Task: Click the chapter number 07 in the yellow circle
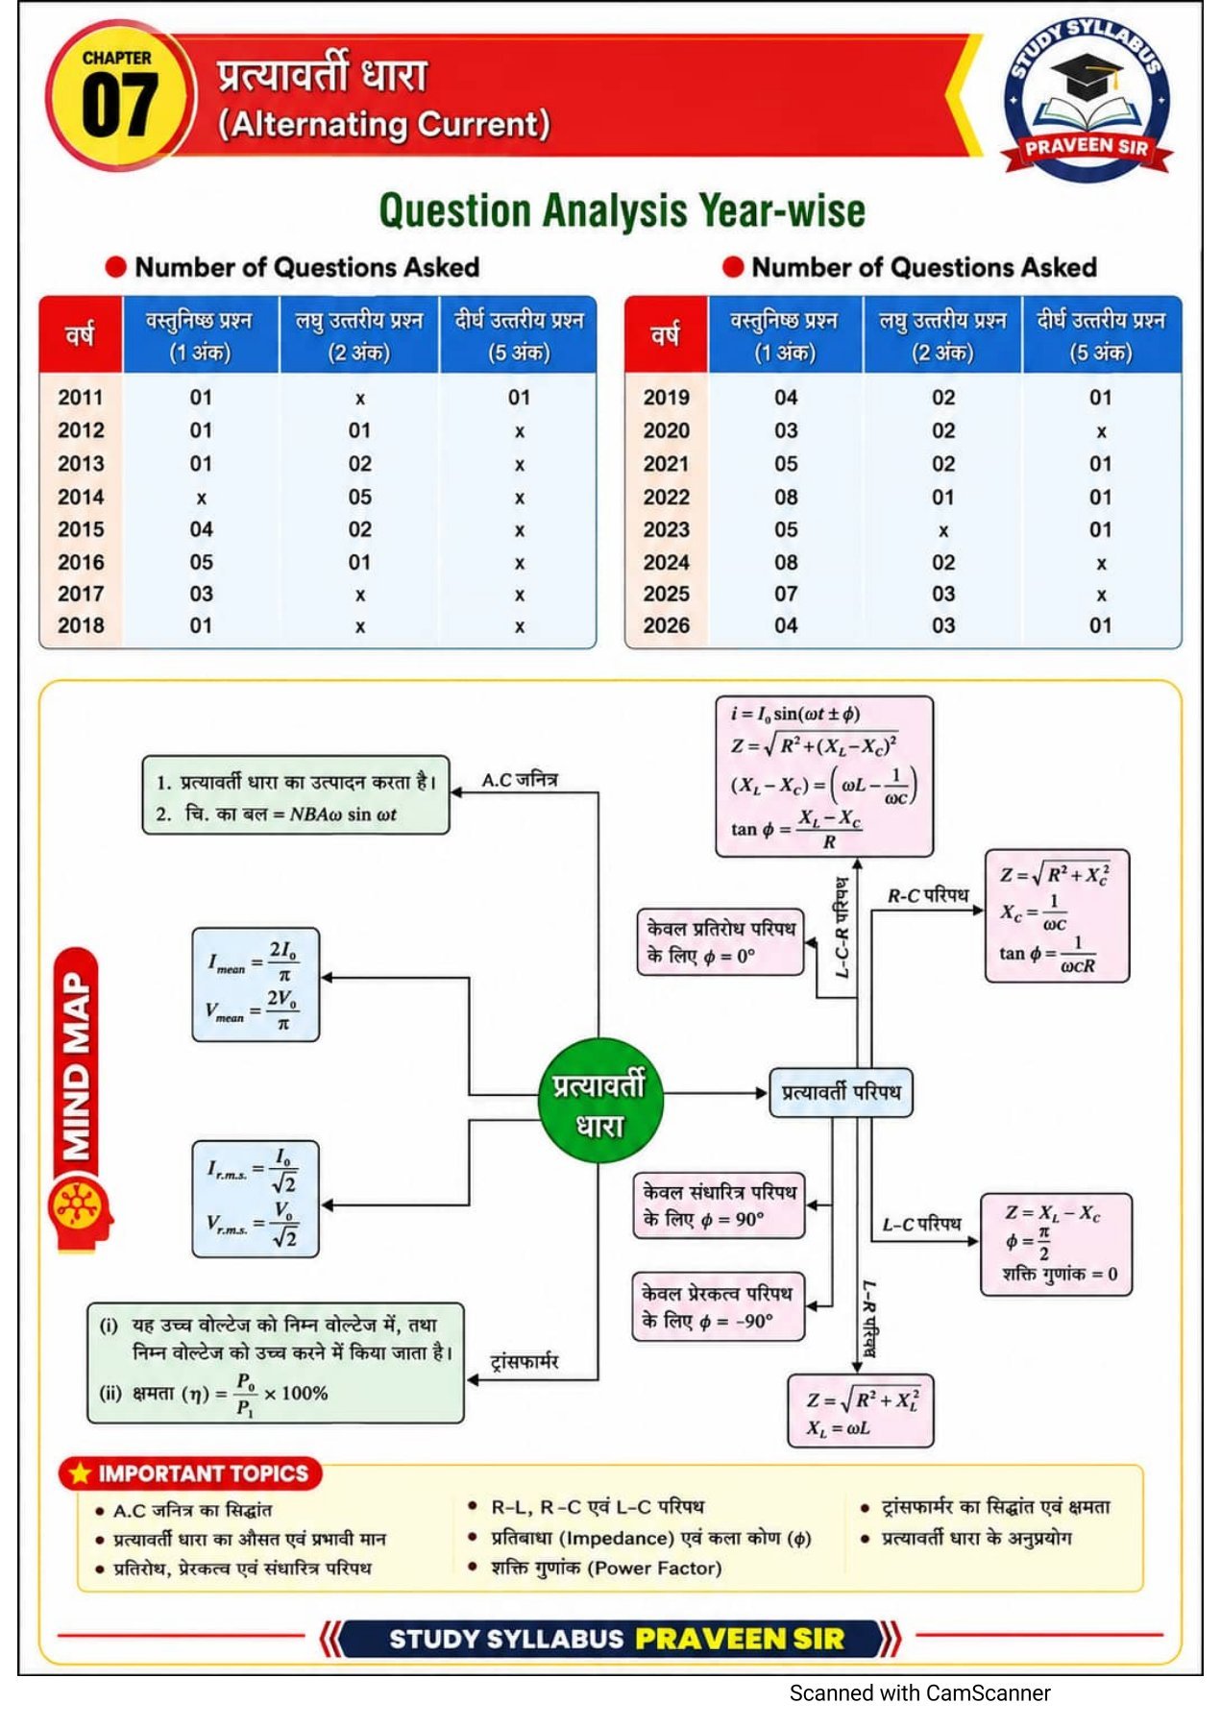pos(118,108)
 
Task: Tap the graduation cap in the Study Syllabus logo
pos(1085,77)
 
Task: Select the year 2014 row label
pos(81,497)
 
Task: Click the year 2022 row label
pos(667,497)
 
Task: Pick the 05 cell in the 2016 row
pos(201,562)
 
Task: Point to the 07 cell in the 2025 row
pos(786,594)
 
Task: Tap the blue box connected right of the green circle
pos(841,1092)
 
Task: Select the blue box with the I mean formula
pos(256,985)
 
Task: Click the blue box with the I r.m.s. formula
pos(256,1199)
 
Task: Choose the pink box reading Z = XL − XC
pos(1056,1245)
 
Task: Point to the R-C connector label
pos(928,896)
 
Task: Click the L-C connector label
pos(921,1225)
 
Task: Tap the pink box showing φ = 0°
pos(720,942)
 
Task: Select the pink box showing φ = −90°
pos(719,1307)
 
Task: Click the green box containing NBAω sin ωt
pos(296,795)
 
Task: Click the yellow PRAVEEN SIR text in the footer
pos(740,1639)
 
